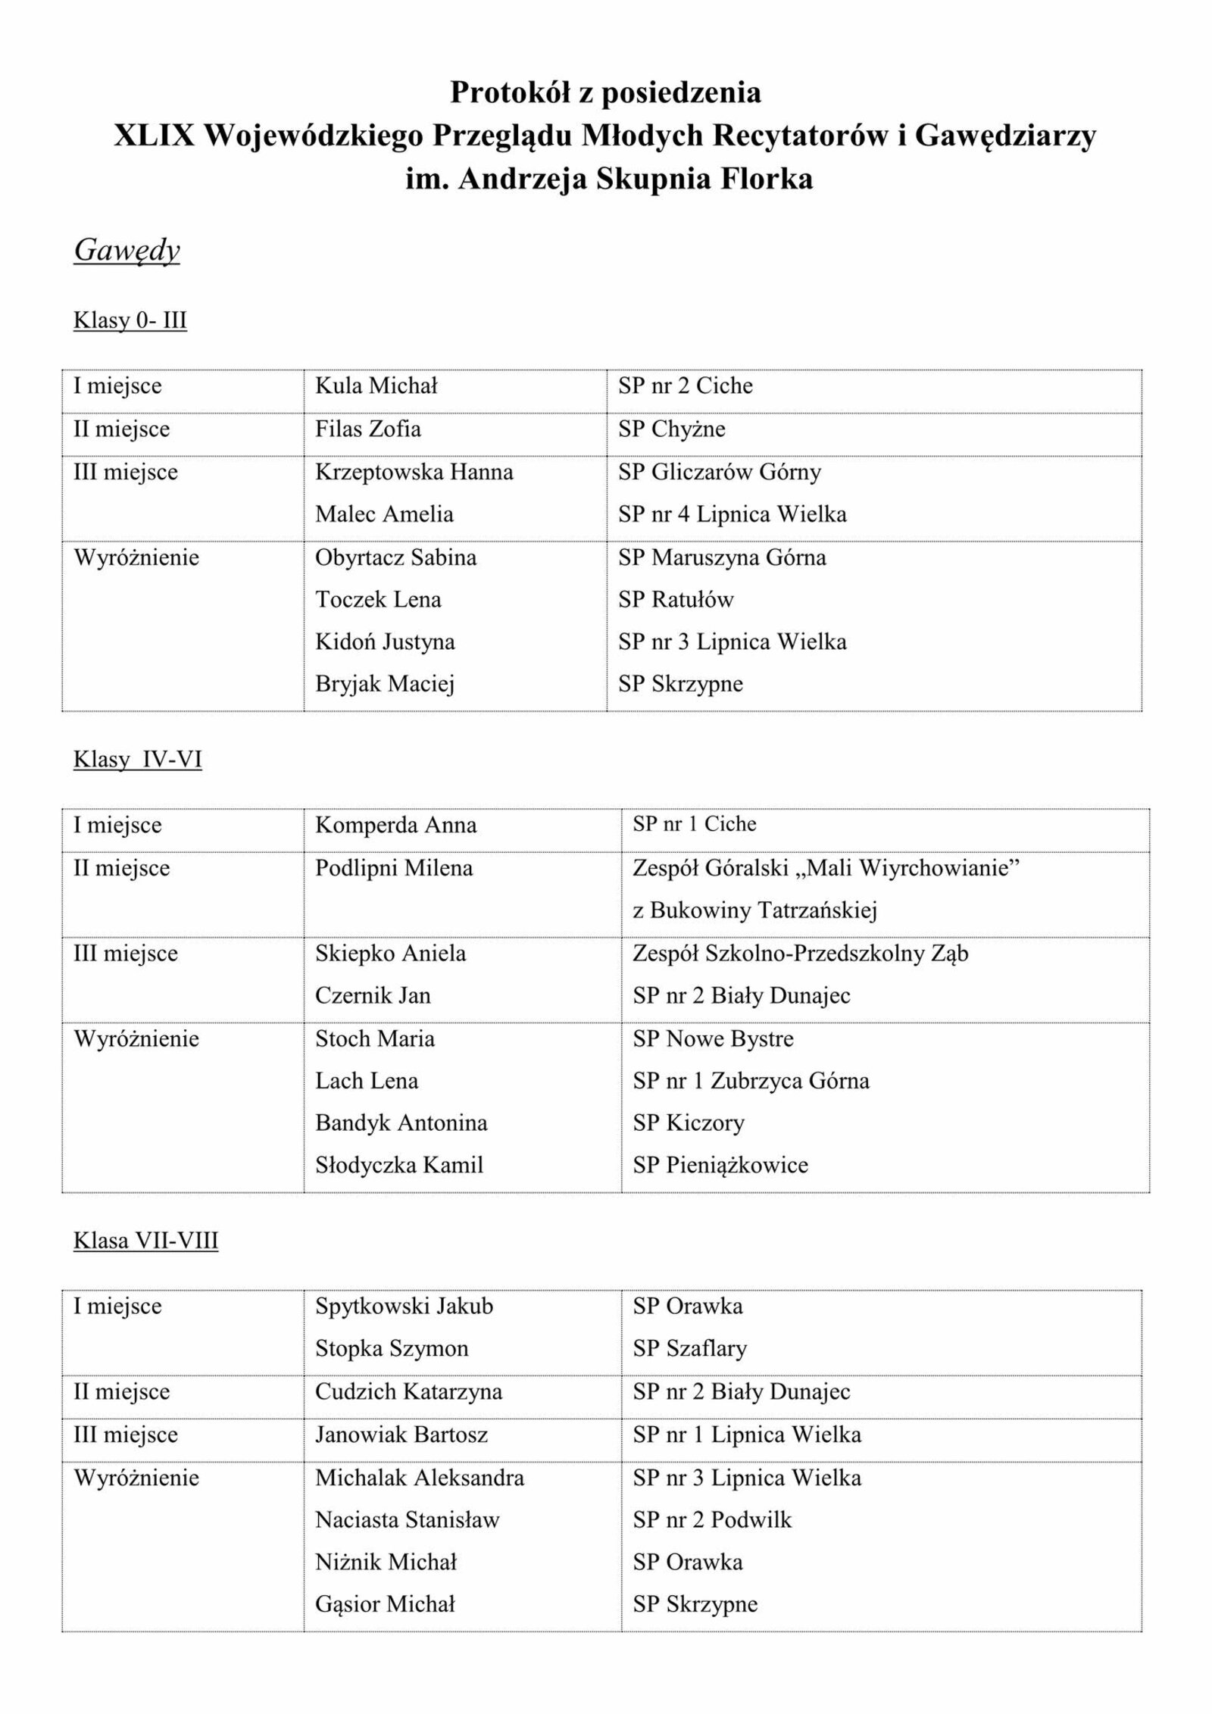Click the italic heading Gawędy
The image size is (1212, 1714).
click(x=127, y=251)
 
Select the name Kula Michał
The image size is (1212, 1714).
click(x=376, y=386)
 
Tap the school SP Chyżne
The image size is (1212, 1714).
click(x=671, y=429)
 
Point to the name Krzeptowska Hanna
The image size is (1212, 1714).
click(x=414, y=473)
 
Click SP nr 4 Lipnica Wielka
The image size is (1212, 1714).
click(x=732, y=515)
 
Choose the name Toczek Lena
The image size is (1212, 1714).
click(x=378, y=600)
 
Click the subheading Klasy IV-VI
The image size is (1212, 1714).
click(x=138, y=760)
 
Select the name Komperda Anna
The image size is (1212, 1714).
click(x=395, y=825)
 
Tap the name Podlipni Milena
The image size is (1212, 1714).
click(x=394, y=868)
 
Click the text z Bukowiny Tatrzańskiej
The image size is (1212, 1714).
click(x=754, y=910)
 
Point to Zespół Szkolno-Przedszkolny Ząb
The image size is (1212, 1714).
click(x=800, y=954)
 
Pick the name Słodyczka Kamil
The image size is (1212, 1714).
click(x=399, y=1165)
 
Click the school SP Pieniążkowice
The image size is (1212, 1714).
click(x=720, y=1165)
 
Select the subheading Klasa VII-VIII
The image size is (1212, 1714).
click(x=145, y=1241)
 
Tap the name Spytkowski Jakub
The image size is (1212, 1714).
click(x=404, y=1307)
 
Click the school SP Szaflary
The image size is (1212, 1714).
click(x=689, y=1349)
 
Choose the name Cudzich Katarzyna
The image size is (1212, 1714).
click(x=408, y=1392)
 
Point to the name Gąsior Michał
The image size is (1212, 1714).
click(x=385, y=1604)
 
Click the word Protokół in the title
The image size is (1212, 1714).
click(x=507, y=92)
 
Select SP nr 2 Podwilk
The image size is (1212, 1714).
click(x=712, y=1520)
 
